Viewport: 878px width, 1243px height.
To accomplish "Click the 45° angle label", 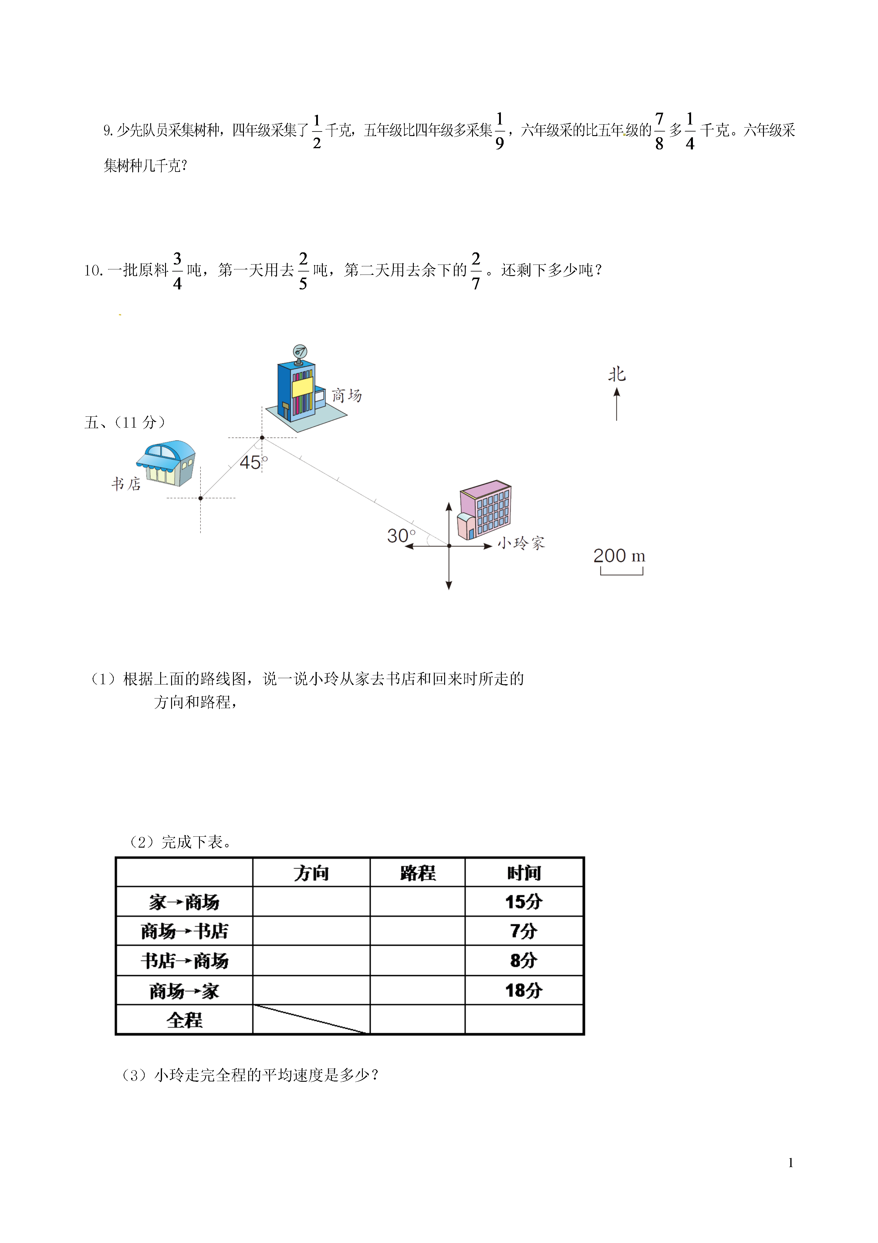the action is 253,462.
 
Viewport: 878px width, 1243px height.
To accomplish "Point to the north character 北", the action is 617,374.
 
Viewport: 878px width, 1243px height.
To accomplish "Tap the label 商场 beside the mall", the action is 347,395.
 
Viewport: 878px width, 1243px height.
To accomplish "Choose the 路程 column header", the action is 418,873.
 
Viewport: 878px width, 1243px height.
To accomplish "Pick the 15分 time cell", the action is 524,902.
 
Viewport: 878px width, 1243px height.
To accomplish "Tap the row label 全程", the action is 184,1020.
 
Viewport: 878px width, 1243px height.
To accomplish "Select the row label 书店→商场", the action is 184,961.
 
